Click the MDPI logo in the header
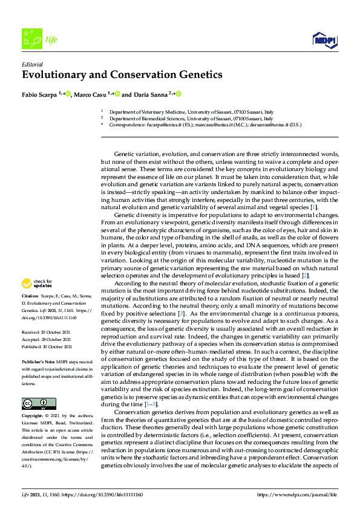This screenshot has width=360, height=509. pos(324,41)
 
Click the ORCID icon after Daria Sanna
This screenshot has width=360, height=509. pos(179,94)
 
